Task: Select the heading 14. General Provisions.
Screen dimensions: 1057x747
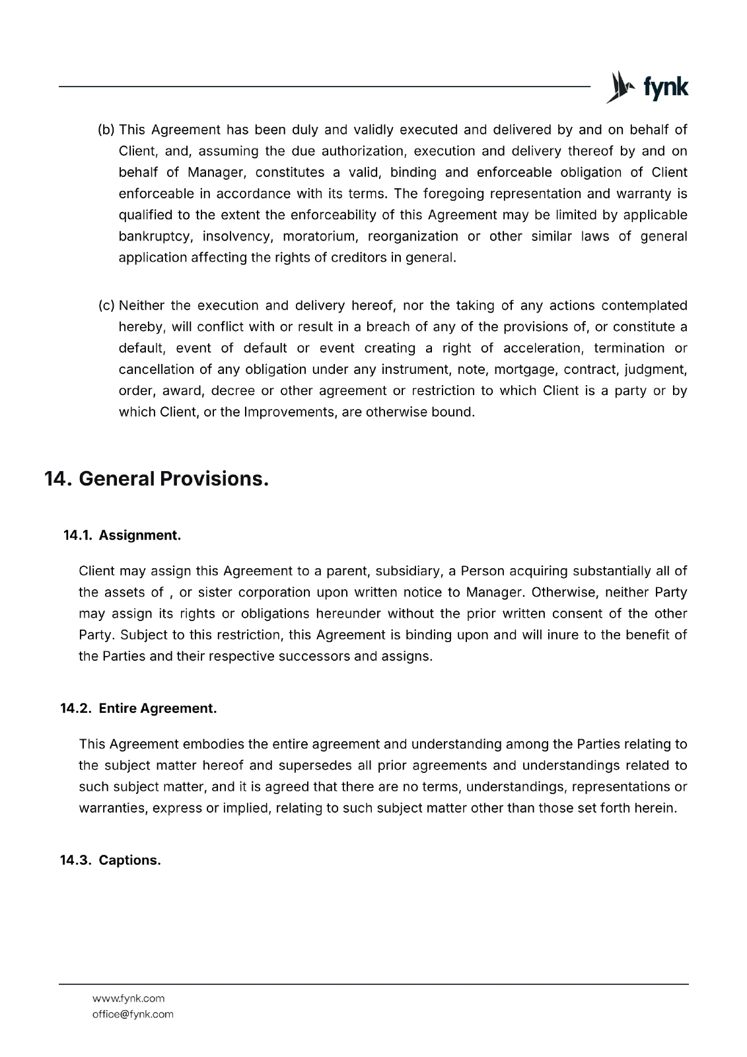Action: (x=157, y=478)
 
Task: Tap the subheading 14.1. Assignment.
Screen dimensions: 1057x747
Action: (x=122, y=535)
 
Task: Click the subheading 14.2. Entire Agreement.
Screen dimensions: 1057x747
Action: (x=139, y=708)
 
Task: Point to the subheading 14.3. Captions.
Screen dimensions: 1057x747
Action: (x=111, y=860)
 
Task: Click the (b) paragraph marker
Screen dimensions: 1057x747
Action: (x=106, y=129)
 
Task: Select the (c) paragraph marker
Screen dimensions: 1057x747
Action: (x=106, y=305)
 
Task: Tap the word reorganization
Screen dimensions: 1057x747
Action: (x=413, y=237)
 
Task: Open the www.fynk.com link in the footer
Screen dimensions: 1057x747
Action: (x=129, y=998)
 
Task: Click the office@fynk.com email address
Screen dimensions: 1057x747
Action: (x=133, y=1014)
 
